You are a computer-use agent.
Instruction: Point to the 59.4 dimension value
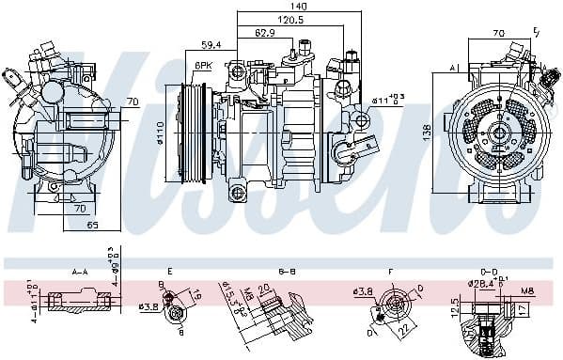(x=212, y=44)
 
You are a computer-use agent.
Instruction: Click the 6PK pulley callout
(x=202, y=65)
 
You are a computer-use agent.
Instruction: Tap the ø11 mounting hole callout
(x=387, y=99)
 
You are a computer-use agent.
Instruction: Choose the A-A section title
(x=79, y=270)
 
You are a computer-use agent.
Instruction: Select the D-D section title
(x=488, y=270)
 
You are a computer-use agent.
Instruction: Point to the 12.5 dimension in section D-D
(x=456, y=308)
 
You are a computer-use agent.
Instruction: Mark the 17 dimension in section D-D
(x=522, y=307)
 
